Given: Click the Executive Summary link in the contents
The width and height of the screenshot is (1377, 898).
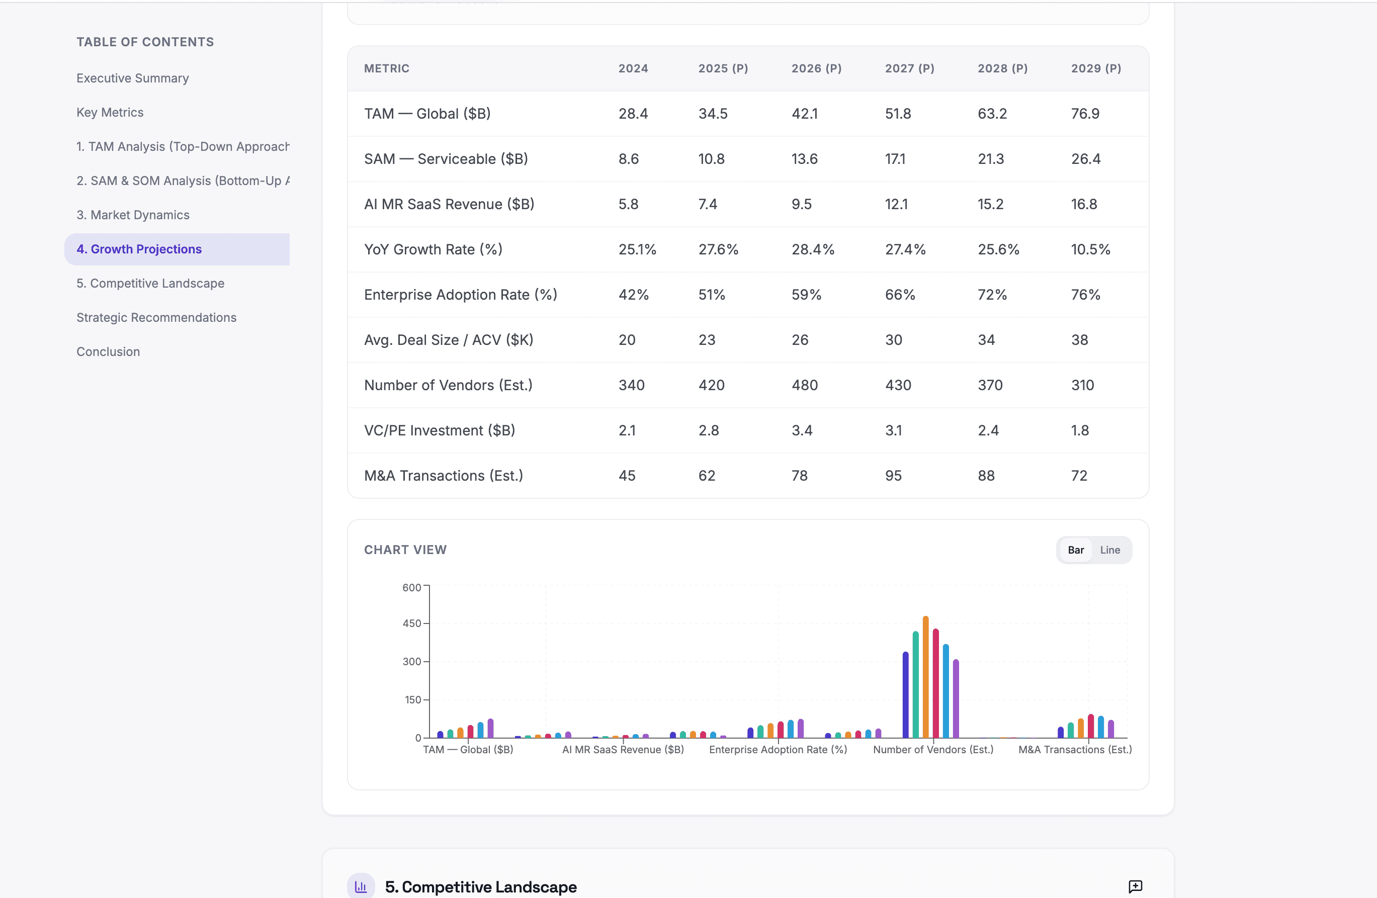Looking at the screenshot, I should (132, 78).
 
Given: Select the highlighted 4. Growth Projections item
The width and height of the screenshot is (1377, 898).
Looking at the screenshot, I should (139, 249).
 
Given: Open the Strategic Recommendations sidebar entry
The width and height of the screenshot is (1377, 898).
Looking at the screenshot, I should (156, 318).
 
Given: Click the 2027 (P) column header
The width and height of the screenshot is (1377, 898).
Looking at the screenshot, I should (909, 68).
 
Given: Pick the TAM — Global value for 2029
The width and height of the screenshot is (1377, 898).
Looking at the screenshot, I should (1085, 114).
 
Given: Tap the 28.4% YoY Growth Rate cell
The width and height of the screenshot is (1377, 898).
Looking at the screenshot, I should (812, 249).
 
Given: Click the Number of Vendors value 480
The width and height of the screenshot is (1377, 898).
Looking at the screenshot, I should (804, 385).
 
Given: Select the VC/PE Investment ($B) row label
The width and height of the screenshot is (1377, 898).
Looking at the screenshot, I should (439, 430).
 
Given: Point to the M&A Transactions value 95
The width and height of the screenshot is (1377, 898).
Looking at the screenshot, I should (893, 476).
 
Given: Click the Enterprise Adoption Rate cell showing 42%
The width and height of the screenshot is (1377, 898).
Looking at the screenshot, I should (633, 295).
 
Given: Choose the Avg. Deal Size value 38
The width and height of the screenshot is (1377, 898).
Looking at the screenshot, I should (1079, 340).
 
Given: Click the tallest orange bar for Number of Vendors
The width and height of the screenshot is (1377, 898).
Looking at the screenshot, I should (925, 677).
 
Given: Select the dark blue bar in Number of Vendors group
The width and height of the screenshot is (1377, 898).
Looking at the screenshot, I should (905, 694).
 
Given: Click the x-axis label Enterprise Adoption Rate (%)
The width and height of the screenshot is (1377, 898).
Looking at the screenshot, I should (778, 750).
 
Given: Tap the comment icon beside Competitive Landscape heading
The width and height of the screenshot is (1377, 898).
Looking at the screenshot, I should (1135, 886).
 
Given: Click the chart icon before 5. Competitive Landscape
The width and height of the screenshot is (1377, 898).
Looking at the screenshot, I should (361, 886).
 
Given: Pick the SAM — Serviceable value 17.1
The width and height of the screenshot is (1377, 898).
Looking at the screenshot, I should (895, 159).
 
